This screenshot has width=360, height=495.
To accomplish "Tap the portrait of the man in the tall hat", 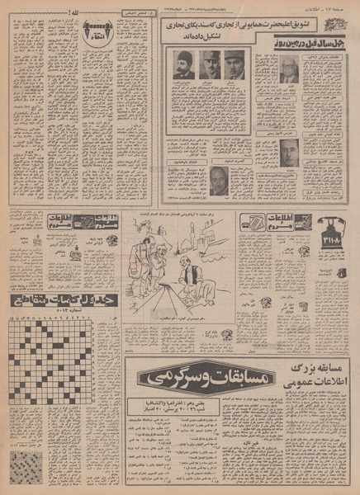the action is (x=184, y=64).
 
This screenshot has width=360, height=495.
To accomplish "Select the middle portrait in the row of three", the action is (x=210, y=64).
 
